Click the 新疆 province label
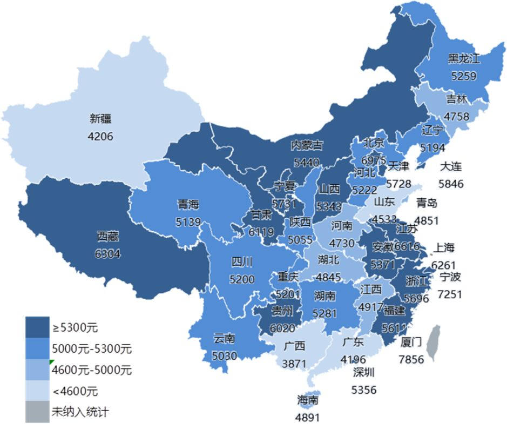[x=100, y=119]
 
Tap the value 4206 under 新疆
[x=100, y=136]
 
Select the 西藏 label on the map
[x=108, y=236]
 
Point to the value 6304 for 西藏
[x=108, y=254]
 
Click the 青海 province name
[x=188, y=204]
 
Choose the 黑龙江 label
[x=464, y=58]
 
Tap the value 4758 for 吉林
[x=457, y=116]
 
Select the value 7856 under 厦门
[x=412, y=359]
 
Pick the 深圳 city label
[x=364, y=372]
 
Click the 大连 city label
[x=451, y=166]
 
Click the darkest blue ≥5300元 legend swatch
[x=37, y=327]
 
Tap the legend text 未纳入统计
[x=80, y=412]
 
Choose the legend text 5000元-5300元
[x=92, y=348]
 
